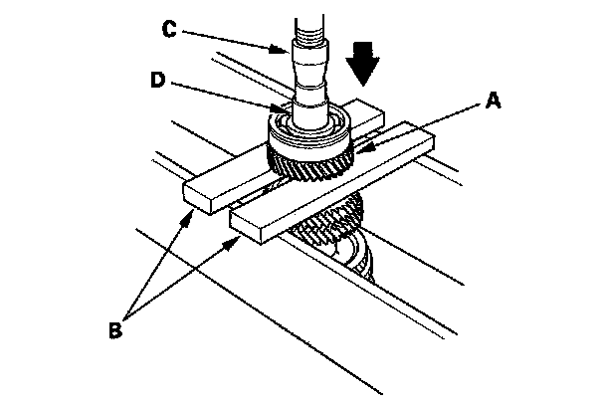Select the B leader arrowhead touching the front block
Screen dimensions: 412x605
(239, 239)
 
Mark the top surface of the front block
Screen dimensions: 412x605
(328, 179)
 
